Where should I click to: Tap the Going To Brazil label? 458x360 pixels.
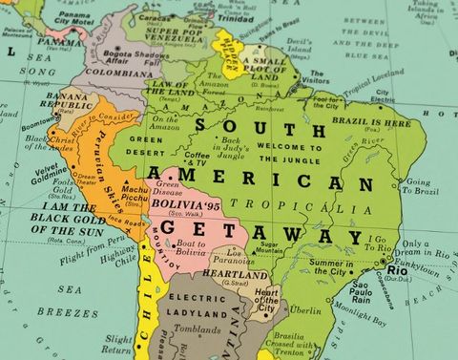[421, 186]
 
